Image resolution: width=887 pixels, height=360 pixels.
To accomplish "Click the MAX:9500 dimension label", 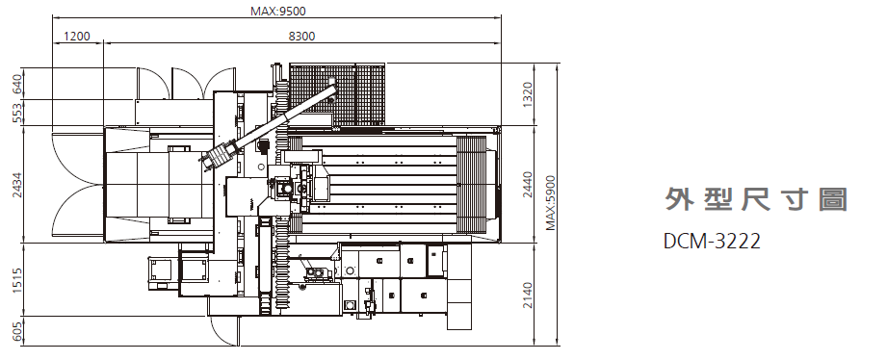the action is (x=277, y=11).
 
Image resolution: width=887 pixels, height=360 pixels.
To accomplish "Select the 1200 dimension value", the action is (x=77, y=37).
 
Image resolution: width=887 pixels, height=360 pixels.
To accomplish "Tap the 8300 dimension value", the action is (x=301, y=37).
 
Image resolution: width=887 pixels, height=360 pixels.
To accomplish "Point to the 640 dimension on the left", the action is (x=17, y=84).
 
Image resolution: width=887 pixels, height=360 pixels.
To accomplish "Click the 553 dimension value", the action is (x=17, y=113).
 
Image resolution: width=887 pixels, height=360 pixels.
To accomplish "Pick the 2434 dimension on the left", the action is (x=17, y=184).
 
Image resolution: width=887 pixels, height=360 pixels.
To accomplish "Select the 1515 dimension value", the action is (x=17, y=280).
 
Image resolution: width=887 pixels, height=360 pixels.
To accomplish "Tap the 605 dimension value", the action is (x=17, y=331).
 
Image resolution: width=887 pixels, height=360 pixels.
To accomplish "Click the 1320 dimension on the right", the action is (x=528, y=95).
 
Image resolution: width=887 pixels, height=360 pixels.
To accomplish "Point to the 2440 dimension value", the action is (x=528, y=184).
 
